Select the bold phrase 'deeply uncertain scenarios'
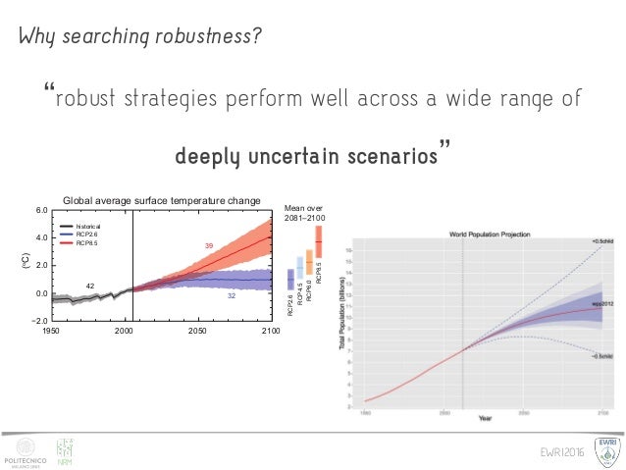[x=311, y=156]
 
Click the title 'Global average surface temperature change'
[x=162, y=201]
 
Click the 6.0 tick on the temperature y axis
[x=41, y=211]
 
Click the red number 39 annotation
[x=208, y=245]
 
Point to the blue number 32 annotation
[x=233, y=295]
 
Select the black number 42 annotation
[x=88, y=286]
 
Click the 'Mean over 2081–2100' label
[x=304, y=213]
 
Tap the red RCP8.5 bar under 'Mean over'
[x=319, y=241]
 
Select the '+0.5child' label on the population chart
[x=603, y=241]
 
